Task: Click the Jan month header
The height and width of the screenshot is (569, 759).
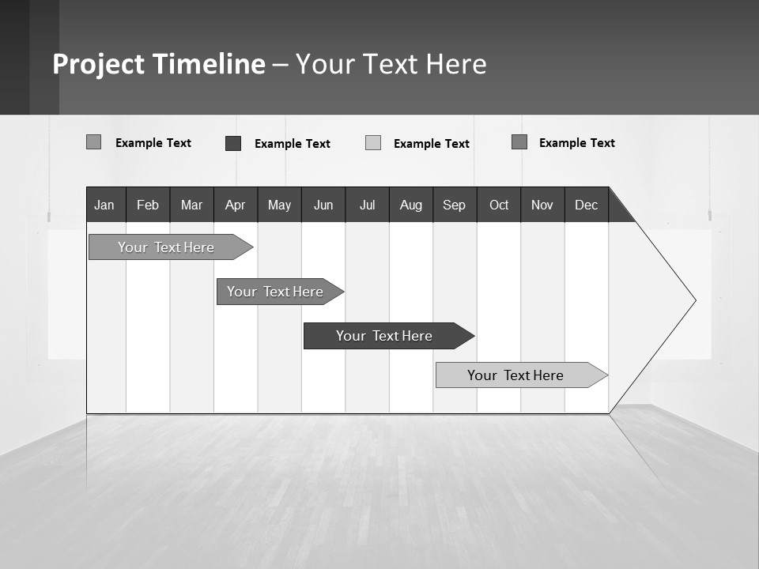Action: (104, 205)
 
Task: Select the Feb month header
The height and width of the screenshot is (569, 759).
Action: (148, 205)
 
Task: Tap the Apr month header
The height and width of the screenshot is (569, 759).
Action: (235, 205)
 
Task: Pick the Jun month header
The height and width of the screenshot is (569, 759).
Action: (323, 205)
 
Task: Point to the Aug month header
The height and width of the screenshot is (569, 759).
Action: (411, 205)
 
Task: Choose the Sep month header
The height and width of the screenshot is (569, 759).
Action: (455, 205)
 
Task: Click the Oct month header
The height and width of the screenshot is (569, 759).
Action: (499, 205)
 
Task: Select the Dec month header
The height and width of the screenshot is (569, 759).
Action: (587, 205)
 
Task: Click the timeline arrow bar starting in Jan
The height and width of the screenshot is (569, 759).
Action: (166, 247)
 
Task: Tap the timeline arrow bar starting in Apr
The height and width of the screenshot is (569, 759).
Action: (275, 292)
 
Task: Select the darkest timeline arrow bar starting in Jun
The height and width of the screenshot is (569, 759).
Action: (384, 336)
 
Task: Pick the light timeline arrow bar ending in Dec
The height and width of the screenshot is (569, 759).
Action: (515, 375)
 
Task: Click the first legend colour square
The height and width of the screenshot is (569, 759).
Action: (93, 142)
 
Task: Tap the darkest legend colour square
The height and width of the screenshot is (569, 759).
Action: (233, 143)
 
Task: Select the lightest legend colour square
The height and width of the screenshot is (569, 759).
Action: (373, 143)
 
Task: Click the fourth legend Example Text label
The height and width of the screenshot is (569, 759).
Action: (576, 143)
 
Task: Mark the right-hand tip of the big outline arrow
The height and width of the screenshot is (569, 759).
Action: (695, 300)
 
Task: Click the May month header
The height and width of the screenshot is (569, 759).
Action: (279, 205)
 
